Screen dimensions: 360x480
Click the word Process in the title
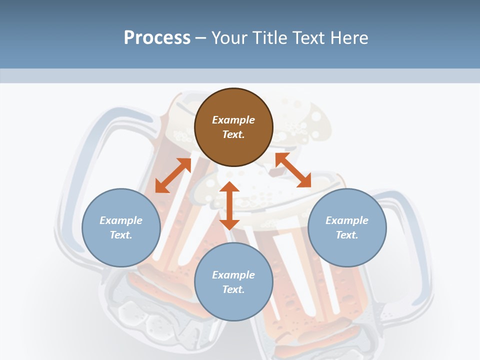pos(157,38)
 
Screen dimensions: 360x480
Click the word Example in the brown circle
pos(233,120)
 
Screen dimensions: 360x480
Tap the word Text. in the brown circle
pos(233,134)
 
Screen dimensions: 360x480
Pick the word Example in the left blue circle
pos(121,220)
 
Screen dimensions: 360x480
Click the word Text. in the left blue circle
pos(121,235)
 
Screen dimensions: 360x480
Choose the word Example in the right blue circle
pos(347,220)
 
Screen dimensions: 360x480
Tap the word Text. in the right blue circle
pos(347,235)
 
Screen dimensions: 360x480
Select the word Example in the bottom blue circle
pos(233,275)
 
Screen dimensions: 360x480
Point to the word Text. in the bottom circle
pos(233,289)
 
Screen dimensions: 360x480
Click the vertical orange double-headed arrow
pos(229,205)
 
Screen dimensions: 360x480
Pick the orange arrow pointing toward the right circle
pos(293,170)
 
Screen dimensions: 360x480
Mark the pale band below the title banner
pos(240,76)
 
